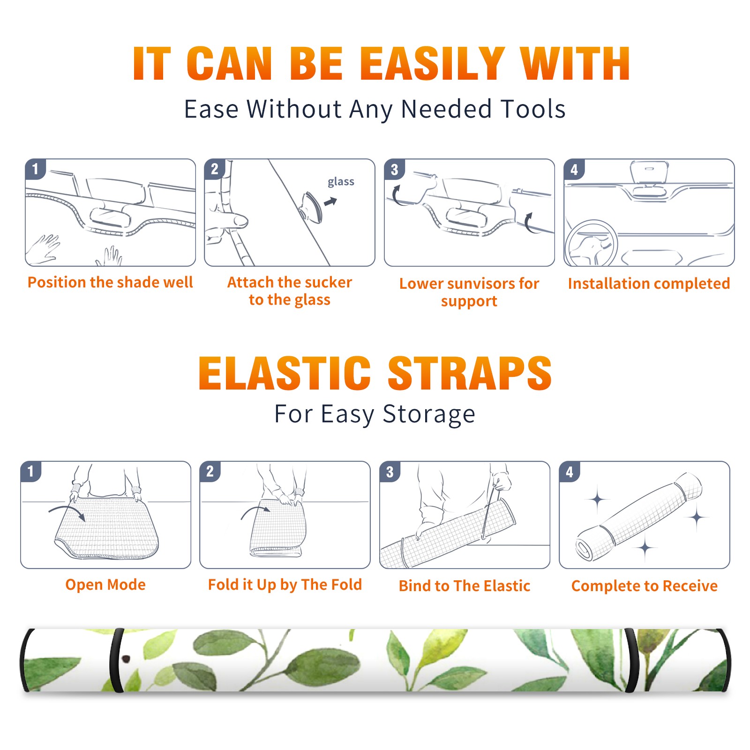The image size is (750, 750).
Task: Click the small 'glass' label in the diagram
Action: [341, 182]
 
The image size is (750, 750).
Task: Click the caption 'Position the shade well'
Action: [110, 282]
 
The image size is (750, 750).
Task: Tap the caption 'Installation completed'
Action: [649, 284]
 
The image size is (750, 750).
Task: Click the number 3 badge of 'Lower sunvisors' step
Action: [394, 170]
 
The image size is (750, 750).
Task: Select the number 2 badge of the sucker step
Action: [215, 169]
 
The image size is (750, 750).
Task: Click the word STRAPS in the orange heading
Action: [470, 373]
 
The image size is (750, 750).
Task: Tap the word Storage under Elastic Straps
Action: [429, 414]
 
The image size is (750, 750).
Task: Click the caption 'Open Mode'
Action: [105, 585]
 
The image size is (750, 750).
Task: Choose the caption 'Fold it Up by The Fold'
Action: [285, 585]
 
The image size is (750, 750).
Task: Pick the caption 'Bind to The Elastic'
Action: [465, 586]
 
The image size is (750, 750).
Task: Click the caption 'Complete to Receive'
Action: [645, 586]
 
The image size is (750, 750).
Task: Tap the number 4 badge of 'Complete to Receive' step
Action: [570, 472]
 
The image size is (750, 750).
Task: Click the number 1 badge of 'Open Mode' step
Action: [31, 472]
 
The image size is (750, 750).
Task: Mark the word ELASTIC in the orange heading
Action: [285, 373]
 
